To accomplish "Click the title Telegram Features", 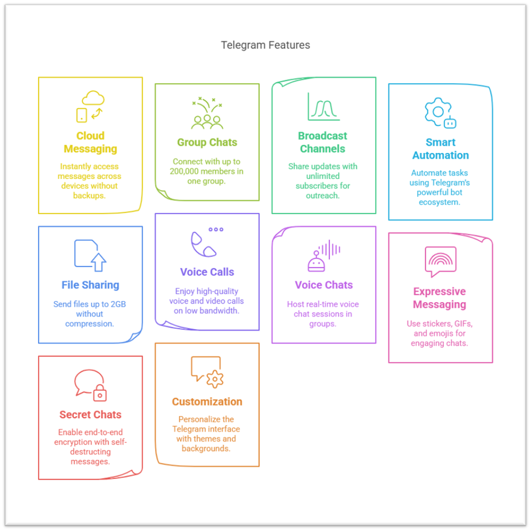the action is (x=265, y=45).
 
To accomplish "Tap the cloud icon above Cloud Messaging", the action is (x=93, y=98).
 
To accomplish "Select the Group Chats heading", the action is (x=207, y=142).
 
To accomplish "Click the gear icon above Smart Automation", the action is (x=438, y=111).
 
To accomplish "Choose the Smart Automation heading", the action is (x=440, y=149).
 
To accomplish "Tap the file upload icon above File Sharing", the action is (x=90, y=255).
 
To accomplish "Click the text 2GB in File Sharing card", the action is (x=118, y=304).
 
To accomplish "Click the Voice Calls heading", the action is (x=207, y=272).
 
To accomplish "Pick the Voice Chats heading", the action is (x=324, y=285).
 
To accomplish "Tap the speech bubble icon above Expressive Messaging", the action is (x=440, y=261).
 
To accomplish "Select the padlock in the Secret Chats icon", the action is (x=100, y=393).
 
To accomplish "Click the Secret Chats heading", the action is (x=90, y=415).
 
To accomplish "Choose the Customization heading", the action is (x=207, y=402).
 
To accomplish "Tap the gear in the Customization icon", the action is (x=215, y=379).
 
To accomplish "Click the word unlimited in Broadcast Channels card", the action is (x=323, y=176).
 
